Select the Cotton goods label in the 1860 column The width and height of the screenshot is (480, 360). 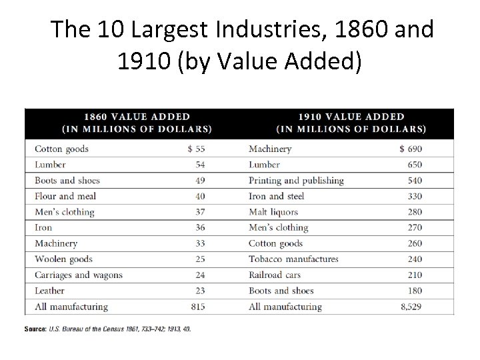61,149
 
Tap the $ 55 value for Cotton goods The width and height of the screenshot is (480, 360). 196,149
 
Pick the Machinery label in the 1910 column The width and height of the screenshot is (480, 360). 269,149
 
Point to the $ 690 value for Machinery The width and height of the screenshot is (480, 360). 410,149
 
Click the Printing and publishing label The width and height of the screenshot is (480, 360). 295,181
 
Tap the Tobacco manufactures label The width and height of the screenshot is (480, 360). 293,259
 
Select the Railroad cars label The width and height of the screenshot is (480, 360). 274,275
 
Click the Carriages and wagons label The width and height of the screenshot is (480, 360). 78,275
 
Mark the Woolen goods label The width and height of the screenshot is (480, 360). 63,259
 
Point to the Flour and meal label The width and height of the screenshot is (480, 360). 65,196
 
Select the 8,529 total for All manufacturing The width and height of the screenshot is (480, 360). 408,307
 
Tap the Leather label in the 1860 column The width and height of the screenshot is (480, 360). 49,291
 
